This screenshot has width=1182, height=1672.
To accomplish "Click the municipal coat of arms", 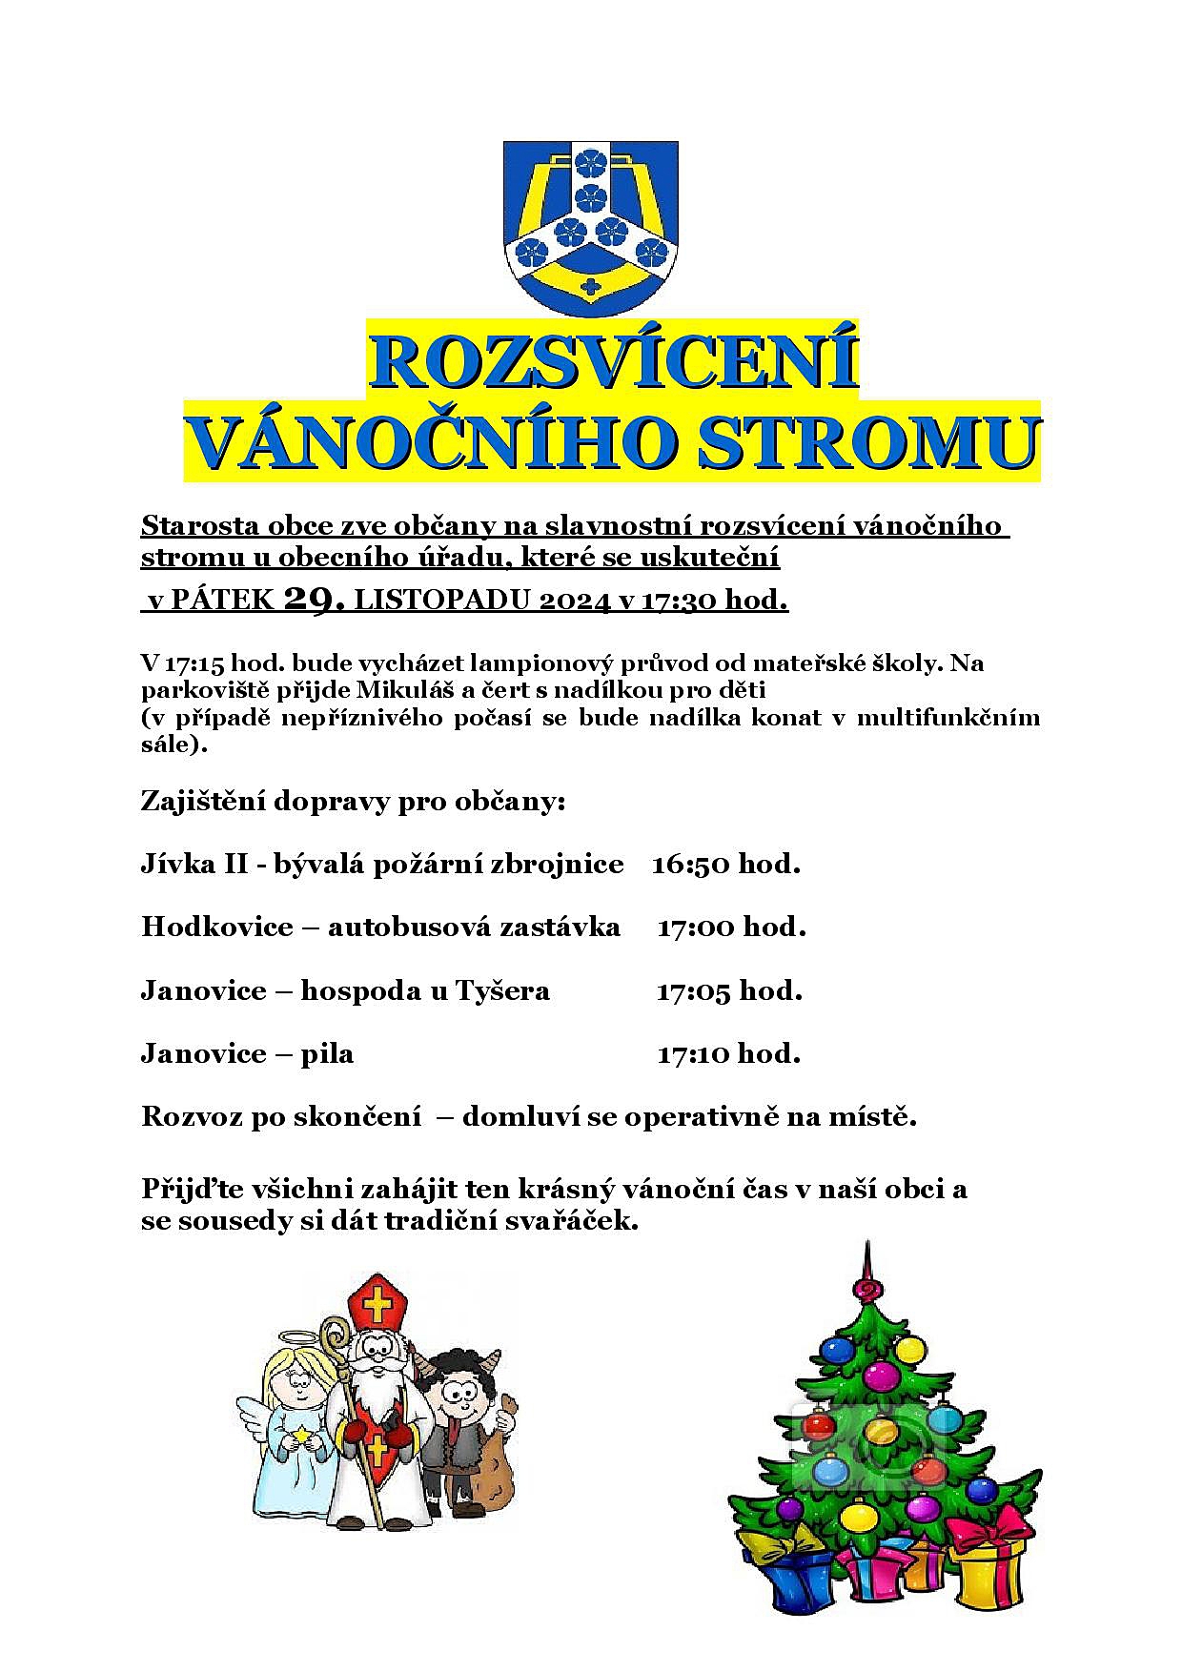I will (x=590, y=227).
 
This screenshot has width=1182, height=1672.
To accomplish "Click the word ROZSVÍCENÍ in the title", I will (x=613, y=361).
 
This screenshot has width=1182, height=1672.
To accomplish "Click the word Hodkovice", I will (x=216, y=928).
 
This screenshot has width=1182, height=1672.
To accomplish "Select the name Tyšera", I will (x=502, y=991).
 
